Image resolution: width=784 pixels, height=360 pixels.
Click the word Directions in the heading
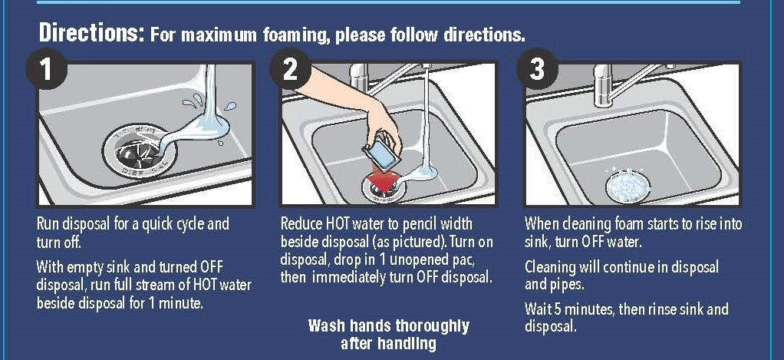pyautogui.click(x=91, y=34)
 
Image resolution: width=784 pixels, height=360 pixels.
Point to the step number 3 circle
pyautogui.click(x=536, y=71)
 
